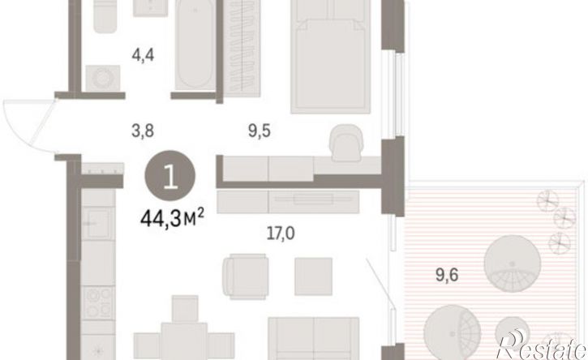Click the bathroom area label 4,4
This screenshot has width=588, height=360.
point(143,55)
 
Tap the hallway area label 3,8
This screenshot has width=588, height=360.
point(143,131)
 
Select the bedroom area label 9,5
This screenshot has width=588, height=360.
point(259,131)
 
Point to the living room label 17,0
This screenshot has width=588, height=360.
point(281,234)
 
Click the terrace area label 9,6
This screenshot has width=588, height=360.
point(447,275)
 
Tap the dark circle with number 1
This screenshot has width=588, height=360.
point(170,175)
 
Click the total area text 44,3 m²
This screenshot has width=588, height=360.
point(172,219)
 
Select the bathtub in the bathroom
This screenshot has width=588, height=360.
point(195,45)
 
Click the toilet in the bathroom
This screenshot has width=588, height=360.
point(105,16)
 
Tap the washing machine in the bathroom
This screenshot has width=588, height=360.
point(103,78)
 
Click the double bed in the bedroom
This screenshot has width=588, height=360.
point(331,56)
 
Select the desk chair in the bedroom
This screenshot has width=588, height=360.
point(346,143)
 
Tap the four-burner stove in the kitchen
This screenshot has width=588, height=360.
point(98,302)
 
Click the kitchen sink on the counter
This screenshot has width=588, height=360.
point(98,223)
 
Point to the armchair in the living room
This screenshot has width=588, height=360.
point(246,276)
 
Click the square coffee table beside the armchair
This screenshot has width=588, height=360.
point(314,276)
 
